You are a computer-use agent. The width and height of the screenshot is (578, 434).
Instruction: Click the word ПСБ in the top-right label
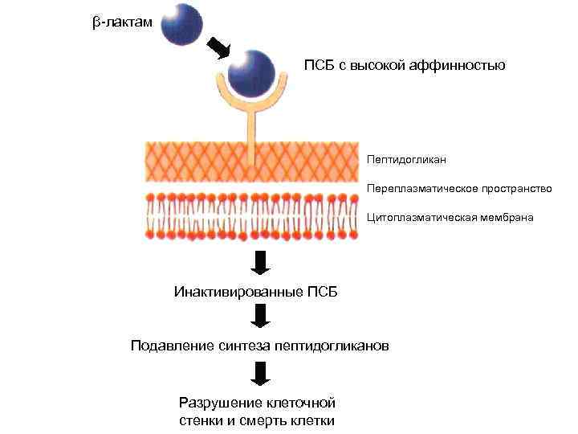click(x=318, y=65)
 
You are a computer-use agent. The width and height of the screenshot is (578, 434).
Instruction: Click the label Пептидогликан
click(x=407, y=160)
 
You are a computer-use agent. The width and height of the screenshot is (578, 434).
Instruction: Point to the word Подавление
click(x=173, y=346)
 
